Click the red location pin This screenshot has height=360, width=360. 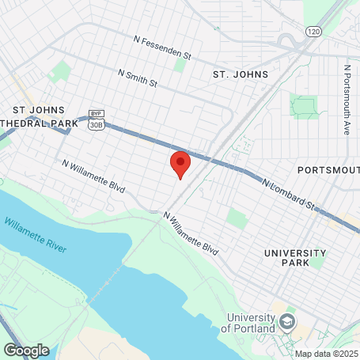[x=180, y=164]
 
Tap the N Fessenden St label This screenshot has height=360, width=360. [x=163, y=50]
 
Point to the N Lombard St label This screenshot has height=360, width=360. [x=289, y=193]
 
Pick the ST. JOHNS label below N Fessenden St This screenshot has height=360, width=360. [x=241, y=74]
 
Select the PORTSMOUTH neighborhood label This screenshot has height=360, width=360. [x=328, y=170]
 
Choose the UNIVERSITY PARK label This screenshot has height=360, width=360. [x=294, y=257]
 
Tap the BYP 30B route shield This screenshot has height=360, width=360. [x=96, y=119]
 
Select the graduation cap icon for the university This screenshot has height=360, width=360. [x=286, y=322]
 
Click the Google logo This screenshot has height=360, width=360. [x=26, y=350]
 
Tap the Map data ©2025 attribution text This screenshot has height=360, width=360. [x=327, y=354]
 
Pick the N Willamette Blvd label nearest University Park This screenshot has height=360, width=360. [x=191, y=231]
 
